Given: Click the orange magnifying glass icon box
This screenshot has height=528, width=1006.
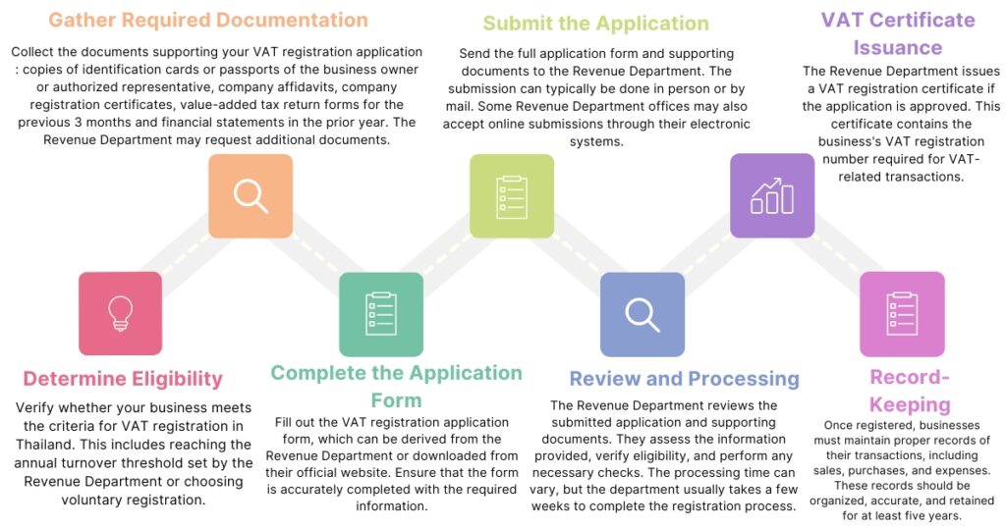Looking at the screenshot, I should (251, 195).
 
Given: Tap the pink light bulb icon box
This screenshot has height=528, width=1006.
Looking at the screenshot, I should (120, 313).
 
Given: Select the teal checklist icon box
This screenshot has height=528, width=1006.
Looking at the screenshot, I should (380, 313).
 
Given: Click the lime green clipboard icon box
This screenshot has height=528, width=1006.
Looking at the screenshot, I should (511, 195).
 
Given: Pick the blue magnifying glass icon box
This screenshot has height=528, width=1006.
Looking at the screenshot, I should (642, 313).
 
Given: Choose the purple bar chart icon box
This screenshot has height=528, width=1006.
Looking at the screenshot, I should (772, 195).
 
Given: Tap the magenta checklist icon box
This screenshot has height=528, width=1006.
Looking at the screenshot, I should (901, 313).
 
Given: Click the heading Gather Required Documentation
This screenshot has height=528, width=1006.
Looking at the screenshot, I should (207, 20).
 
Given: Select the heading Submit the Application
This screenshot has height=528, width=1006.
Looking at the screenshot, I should (595, 23).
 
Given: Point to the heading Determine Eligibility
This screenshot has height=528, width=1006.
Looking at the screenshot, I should (123, 379).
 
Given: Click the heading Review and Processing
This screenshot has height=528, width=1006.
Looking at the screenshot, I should (685, 379).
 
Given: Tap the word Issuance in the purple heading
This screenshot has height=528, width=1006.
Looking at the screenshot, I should (897, 47).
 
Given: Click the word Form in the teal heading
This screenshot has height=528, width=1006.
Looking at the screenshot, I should (396, 400).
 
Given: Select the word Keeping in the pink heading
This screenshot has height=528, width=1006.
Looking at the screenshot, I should (910, 404).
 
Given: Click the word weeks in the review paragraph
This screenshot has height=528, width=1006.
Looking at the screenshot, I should (551, 505).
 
